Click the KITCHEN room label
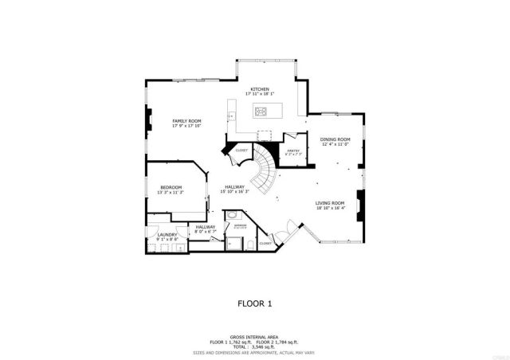[260, 88]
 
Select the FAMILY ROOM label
[186, 120]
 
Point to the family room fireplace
[147, 119]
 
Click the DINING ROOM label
[335, 139]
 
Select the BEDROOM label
[171, 187]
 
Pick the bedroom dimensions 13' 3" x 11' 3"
[171, 193]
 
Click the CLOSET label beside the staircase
[241, 150]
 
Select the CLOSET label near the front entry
[266, 243]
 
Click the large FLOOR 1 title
[255, 303]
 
